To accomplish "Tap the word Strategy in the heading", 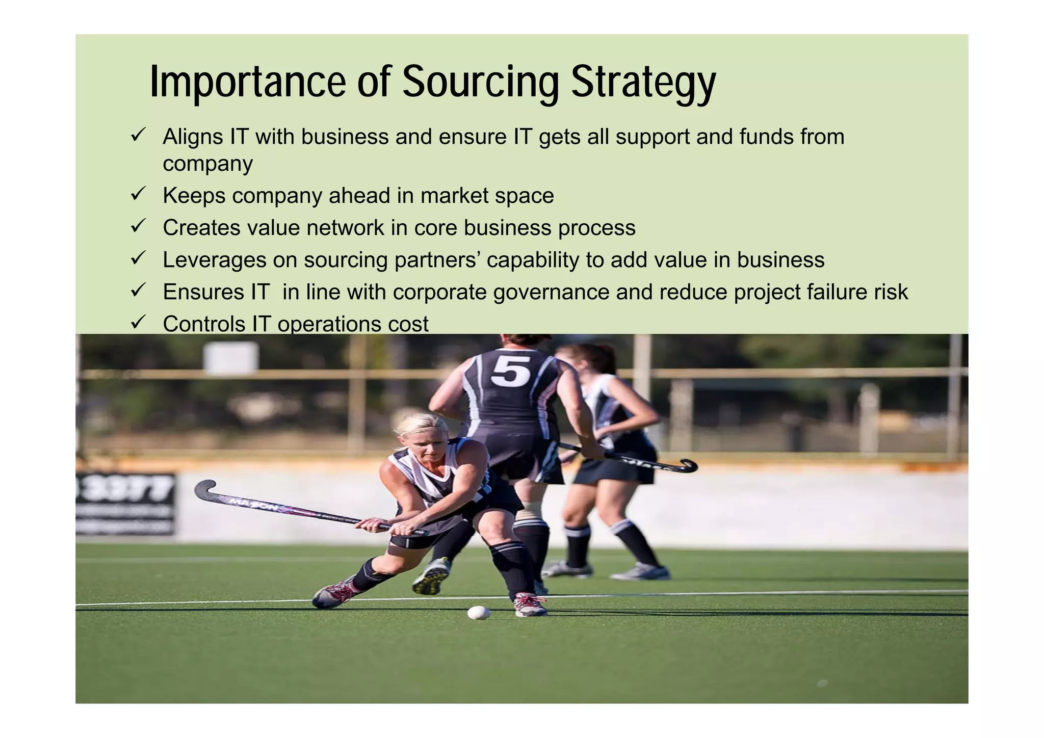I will [643, 83].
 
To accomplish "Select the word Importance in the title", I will [248, 82].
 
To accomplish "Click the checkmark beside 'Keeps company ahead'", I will [138, 194].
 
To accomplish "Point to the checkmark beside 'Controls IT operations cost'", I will [138, 322].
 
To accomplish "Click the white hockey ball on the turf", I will [478, 612].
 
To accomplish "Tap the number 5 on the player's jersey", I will [511, 371].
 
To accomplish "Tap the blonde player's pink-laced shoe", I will [334, 594].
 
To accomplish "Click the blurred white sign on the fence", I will [231, 358].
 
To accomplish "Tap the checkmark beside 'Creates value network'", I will [138, 226].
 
